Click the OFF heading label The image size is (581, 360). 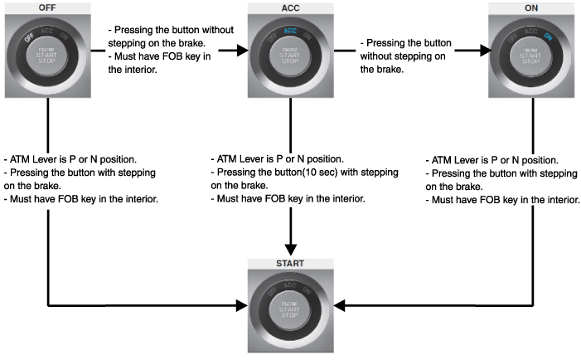[x=48, y=7]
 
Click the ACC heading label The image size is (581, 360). [x=290, y=7]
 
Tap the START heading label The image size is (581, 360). [x=290, y=263]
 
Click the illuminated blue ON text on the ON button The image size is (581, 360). [x=550, y=36]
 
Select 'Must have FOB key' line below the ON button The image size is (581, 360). [x=502, y=201]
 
